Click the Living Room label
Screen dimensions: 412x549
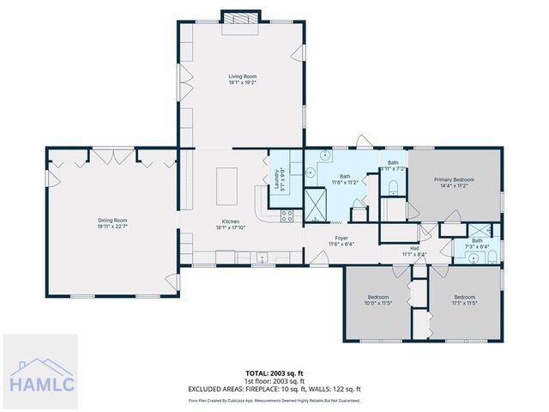tap(242, 79)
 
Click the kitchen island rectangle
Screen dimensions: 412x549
tap(228, 186)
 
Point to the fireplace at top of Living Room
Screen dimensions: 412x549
tap(234, 22)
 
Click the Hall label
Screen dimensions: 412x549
tap(414, 251)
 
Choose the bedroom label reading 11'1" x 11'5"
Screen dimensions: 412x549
tap(465, 300)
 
